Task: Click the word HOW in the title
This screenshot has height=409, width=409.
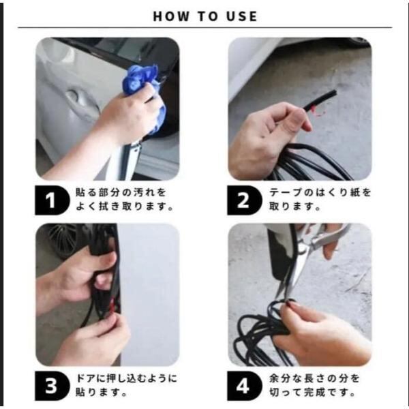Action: (171, 16)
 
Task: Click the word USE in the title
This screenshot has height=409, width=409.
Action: (242, 16)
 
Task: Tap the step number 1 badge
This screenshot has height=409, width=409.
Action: (52, 200)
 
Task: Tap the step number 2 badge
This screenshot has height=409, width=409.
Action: (245, 200)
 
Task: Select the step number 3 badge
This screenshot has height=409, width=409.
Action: (52, 386)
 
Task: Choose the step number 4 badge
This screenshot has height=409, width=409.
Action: (245, 386)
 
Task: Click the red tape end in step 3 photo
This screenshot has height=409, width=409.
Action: (112, 307)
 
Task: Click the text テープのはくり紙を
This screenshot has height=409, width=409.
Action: (320, 193)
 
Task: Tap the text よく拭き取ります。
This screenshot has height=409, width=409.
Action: (125, 207)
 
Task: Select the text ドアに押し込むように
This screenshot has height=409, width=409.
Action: (126, 378)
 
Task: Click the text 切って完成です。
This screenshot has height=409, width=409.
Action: (312, 392)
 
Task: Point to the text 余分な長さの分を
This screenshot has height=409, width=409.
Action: (314, 378)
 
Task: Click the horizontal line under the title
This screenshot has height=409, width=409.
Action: (204, 27)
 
